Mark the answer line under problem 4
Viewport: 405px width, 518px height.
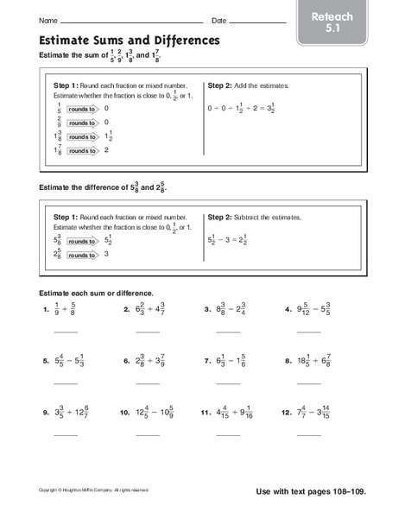point(308,331)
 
